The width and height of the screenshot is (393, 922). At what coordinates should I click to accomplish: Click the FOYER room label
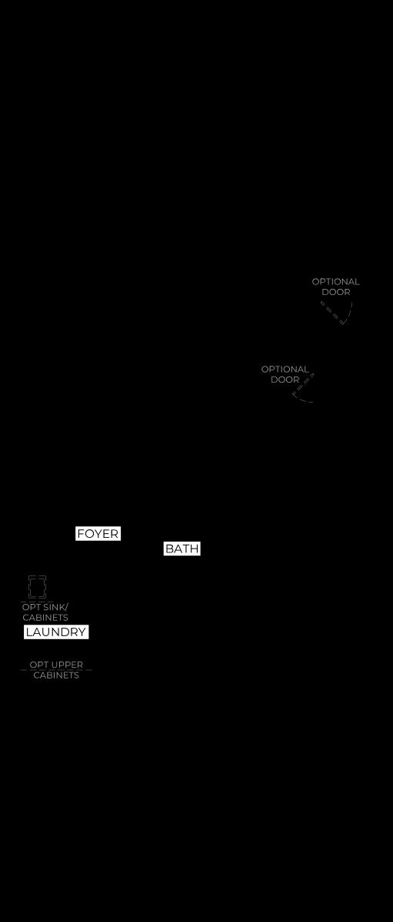[x=98, y=533]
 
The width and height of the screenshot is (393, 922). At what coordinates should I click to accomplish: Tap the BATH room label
[x=182, y=549]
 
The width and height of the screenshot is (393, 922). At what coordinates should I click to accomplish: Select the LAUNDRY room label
[x=56, y=632]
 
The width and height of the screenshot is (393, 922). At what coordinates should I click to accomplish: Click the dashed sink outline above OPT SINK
[x=37, y=587]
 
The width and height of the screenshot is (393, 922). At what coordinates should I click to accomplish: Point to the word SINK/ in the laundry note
[x=55, y=607]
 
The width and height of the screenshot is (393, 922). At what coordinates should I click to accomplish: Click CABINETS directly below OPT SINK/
[x=45, y=618]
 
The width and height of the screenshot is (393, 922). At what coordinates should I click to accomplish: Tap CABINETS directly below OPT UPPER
[x=56, y=675]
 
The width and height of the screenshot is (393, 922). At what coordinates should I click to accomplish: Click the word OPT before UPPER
[x=38, y=665]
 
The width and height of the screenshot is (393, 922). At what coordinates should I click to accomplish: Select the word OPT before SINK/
[x=32, y=607]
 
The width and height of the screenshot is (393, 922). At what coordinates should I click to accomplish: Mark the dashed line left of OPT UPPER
[x=25, y=670]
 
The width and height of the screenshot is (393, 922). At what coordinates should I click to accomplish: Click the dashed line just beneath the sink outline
[x=37, y=602]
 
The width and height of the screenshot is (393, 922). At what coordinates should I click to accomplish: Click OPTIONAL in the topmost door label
[x=335, y=282]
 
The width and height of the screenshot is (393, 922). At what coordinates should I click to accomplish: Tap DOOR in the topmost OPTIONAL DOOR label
[x=335, y=292]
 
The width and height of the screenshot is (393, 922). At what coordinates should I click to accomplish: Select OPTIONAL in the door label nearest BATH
[x=285, y=370]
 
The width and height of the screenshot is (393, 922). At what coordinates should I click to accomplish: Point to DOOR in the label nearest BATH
[x=285, y=380]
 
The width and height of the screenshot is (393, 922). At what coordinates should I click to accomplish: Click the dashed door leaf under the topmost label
[x=332, y=311]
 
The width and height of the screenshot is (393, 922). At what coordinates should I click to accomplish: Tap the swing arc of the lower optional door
[x=300, y=398]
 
